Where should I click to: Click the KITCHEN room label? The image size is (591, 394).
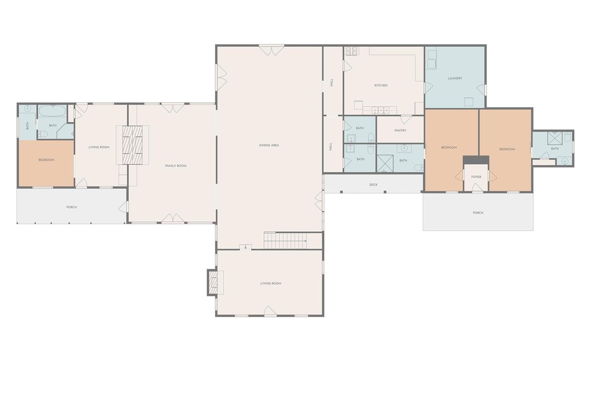tap(381, 86)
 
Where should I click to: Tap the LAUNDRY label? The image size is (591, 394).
tap(455, 79)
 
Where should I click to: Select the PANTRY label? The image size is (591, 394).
tap(401, 131)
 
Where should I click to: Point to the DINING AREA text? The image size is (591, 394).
tap(269, 146)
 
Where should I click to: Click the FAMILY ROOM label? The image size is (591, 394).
tap(175, 166)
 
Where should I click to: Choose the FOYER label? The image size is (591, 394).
tap(476, 177)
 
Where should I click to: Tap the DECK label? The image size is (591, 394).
tap(373, 184)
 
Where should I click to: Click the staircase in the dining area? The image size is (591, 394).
tap(285, 240)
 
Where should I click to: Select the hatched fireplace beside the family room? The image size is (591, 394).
tap(132, 145)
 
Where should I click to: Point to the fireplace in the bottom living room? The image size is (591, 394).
tap(214, 283)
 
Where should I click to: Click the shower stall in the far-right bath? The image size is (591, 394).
tap(554, 138)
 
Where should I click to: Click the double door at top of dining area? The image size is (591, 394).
tap(271, 50)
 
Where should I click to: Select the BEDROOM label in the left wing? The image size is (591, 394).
tap(46, 160)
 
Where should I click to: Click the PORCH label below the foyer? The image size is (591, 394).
tap(478, 213)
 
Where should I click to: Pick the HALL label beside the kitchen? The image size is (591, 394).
tap(332, 82)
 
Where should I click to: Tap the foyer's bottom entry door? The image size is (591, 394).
tap(476, 188)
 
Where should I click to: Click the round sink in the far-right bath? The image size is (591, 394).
tap(564, 162)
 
